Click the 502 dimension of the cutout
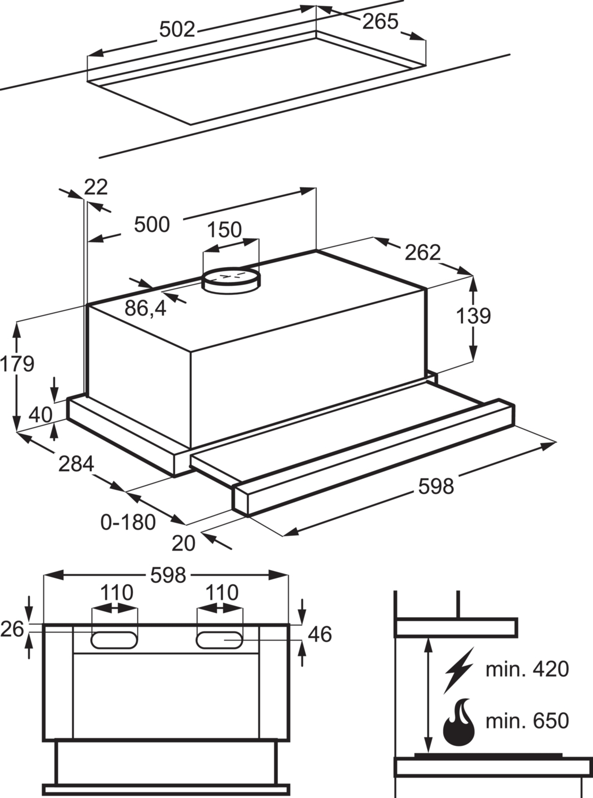click(177, 30)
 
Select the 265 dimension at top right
click(380, 21)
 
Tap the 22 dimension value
click(96, 187)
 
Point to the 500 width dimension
click(152, 224)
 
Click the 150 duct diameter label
click(224, 230)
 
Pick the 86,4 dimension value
click(146, 308)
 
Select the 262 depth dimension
click(423, 252)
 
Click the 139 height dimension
click(473, 316)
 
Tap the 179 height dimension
click(17, 364)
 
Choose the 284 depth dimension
click(76, 464)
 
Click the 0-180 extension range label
click(128, 522)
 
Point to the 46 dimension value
click(319, 634)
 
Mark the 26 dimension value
click(12, 629)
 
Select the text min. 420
click(527, 669)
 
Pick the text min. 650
click(527, 721)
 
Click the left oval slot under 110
click(114, 640)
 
